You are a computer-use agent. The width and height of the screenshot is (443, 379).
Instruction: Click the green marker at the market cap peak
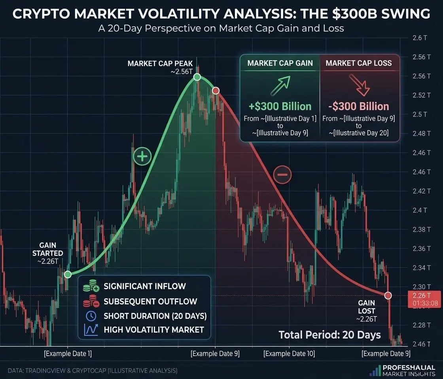click(197, 77)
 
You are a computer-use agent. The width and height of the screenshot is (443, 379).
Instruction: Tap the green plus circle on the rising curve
click(142, 157)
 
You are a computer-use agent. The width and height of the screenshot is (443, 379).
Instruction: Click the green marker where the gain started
click(68, 274)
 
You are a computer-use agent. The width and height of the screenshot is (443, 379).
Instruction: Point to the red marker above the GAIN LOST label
click(388, 296)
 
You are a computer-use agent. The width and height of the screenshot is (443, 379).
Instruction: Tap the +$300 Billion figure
click(280, 106)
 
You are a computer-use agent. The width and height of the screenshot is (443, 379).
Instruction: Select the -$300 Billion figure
click(359, 106)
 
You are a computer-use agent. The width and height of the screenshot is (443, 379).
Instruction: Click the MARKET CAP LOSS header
click(359, 63)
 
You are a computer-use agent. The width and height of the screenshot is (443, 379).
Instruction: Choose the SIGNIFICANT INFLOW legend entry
click(144, 286)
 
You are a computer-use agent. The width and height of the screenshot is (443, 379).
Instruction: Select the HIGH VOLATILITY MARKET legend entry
click(153, 330)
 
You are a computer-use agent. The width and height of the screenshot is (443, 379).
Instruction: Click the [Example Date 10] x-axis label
click(289, 353)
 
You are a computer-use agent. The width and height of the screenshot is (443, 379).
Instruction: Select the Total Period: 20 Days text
click(329, 335)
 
